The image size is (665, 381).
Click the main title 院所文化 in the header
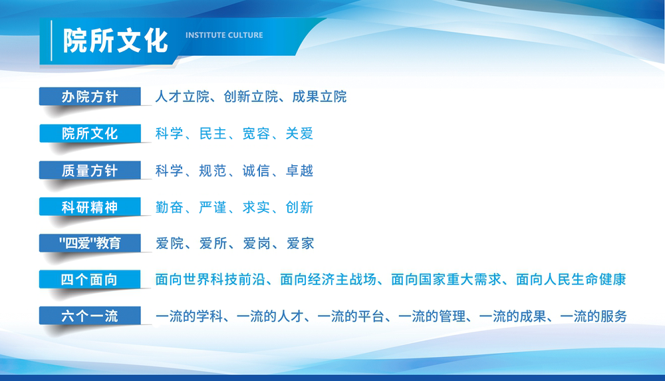[115, 41]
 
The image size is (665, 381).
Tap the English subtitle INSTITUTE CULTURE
[224, 35]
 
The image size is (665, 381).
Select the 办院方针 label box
[90, 97]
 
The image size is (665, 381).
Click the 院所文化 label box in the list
[90, 133]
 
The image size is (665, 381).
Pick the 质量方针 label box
[90, 171]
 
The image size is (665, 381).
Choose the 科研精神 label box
[90, 207]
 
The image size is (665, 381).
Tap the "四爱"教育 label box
[90, 243]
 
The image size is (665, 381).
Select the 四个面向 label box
[90, 279]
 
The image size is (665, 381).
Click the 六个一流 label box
[90, 316]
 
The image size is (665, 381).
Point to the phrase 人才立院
[182, 97]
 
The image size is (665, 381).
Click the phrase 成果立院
[319, 97]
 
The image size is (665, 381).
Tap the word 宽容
[256, 133]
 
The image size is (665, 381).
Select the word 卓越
[299, 171]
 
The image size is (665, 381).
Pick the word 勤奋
[169, 207]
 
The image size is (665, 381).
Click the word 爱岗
[257, 243]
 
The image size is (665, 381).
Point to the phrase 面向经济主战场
[329, 279]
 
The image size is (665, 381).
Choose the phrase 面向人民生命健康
[571, 279]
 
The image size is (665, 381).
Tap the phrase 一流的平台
[350, 316]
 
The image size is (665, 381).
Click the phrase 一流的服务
[593, 316]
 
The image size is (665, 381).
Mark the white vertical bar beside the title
[51, 41]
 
